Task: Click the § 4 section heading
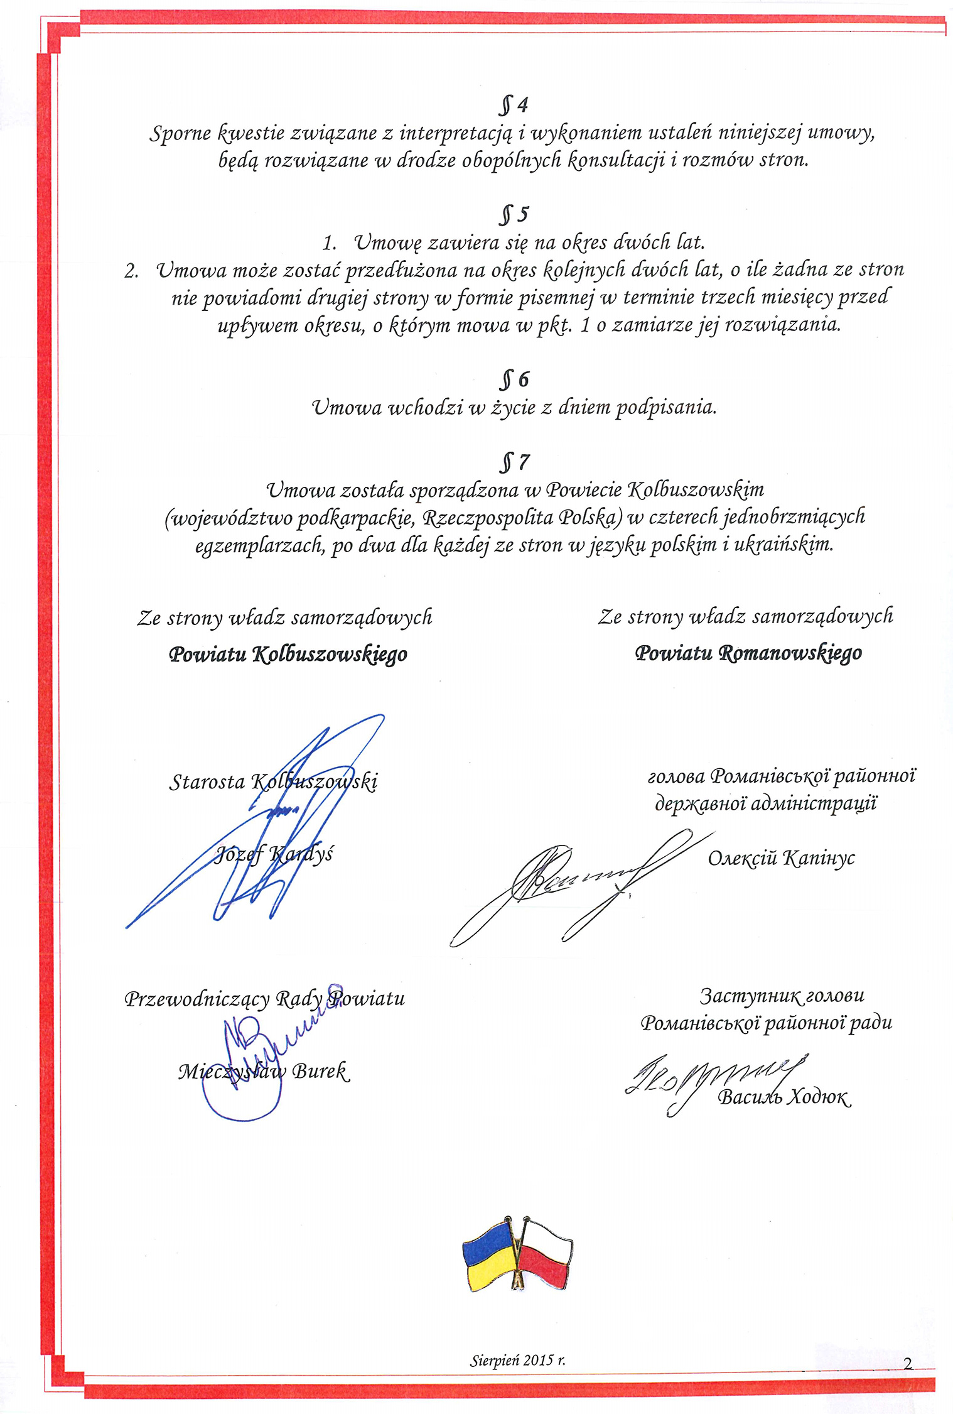click(514, 105)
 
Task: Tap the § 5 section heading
click(514, 215)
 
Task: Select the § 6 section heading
click(514, 380)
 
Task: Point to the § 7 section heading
click(514, 463)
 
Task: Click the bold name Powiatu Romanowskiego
click(748, 653)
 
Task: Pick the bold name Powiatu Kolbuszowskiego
click(288, 655)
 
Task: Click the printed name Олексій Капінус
click(781, 858)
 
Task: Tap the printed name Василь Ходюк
click(784, 1097)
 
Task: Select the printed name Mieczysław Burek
click(263, 1071)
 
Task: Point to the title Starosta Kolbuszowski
click(274, 782)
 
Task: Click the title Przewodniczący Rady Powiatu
click(264, 998)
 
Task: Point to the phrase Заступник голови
click(782, 996)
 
